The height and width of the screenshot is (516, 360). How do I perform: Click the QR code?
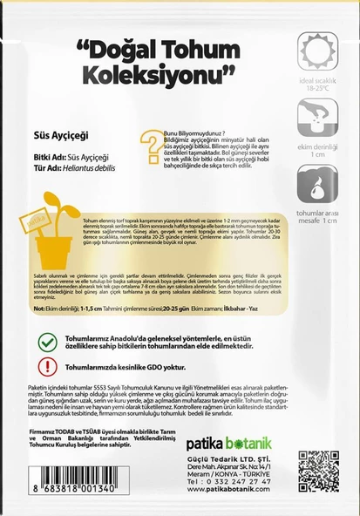click(317, 470)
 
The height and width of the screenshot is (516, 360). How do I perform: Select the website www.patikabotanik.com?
click(220, 501)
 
